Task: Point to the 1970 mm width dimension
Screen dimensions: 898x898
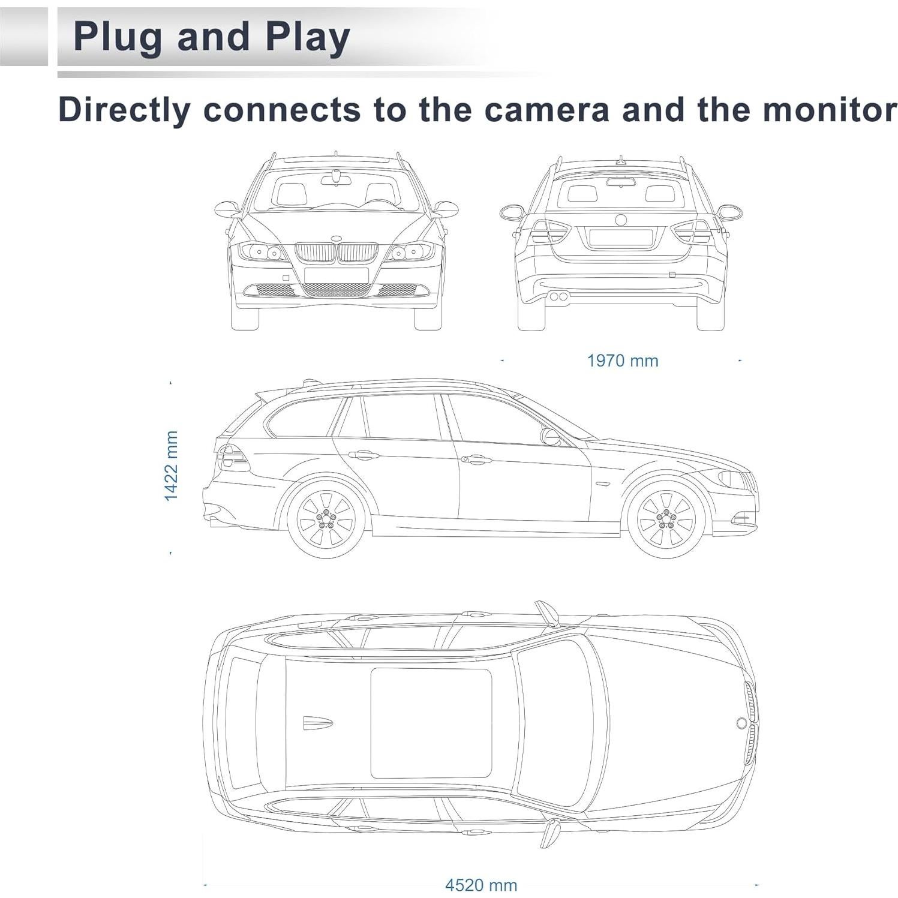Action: tap(622, 361)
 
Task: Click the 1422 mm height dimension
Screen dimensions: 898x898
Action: tap(171, 465)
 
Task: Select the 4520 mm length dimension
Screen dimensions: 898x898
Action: tap(480, 885)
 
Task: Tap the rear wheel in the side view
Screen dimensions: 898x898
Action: tap(326, 519)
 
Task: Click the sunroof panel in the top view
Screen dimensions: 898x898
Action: tap(431, 722)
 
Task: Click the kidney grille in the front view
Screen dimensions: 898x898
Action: tap(336, 253)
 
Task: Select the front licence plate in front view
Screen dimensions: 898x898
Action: tap(336, 275)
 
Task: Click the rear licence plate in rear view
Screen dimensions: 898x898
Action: tap(620, 238)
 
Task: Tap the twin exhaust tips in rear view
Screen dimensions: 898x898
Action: tap(560, 296)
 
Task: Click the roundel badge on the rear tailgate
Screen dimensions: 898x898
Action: tap(620, 220)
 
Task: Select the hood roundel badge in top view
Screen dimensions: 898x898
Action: tap(741, 723)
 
